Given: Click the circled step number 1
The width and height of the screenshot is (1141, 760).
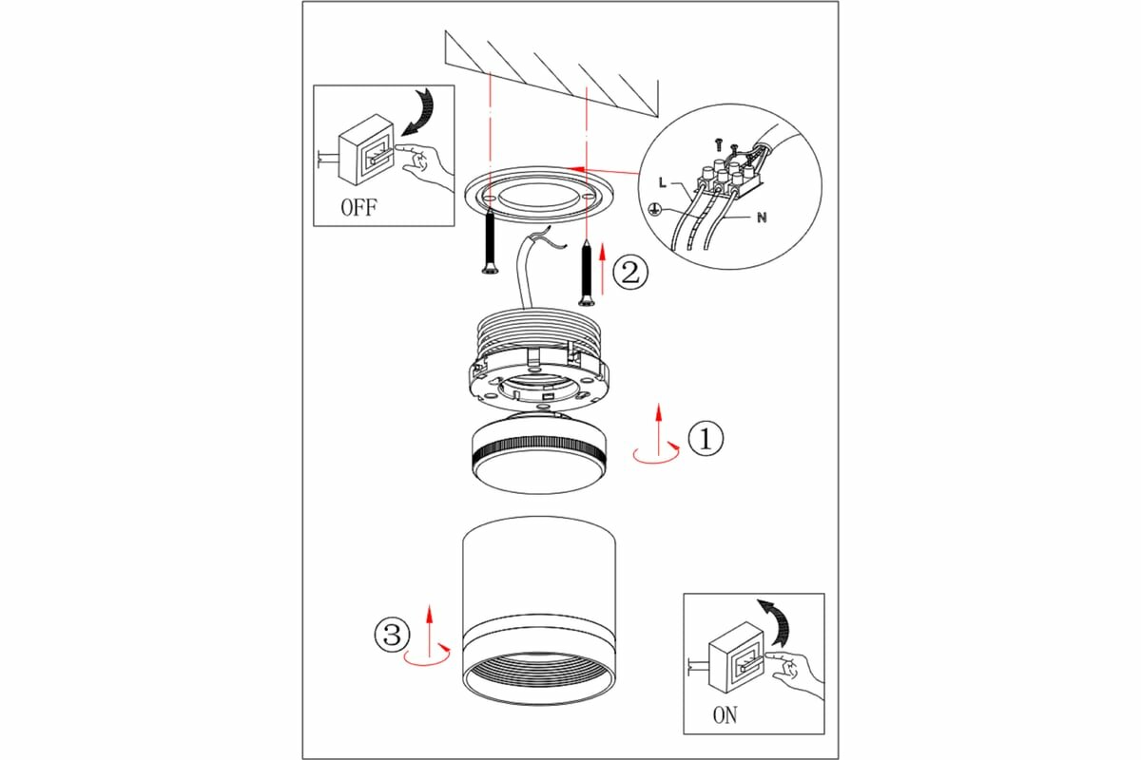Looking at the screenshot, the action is [x=706, y=438].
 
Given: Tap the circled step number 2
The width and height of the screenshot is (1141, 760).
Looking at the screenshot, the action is [x=630, y=273].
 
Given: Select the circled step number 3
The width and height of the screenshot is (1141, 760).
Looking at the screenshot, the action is [x=392, y=635].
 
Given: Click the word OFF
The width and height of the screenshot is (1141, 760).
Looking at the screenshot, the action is [x=358, y=207].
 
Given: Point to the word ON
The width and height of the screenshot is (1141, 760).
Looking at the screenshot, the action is [x=725, y=715].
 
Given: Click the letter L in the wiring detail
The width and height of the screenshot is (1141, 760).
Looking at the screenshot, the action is [x=662, y=182].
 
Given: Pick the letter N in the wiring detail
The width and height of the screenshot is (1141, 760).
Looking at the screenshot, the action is [x=762, y=218].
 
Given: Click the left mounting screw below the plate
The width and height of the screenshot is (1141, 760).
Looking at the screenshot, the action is [x=490, y=242].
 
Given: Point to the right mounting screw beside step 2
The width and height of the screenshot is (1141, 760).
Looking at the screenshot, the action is [x=587, y=274].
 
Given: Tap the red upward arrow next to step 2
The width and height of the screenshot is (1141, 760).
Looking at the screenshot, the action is [x=603, y=269].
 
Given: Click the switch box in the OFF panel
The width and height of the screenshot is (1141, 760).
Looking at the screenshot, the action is [x=367, y=150].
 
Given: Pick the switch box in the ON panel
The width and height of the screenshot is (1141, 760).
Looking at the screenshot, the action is [x=737, y=657].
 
